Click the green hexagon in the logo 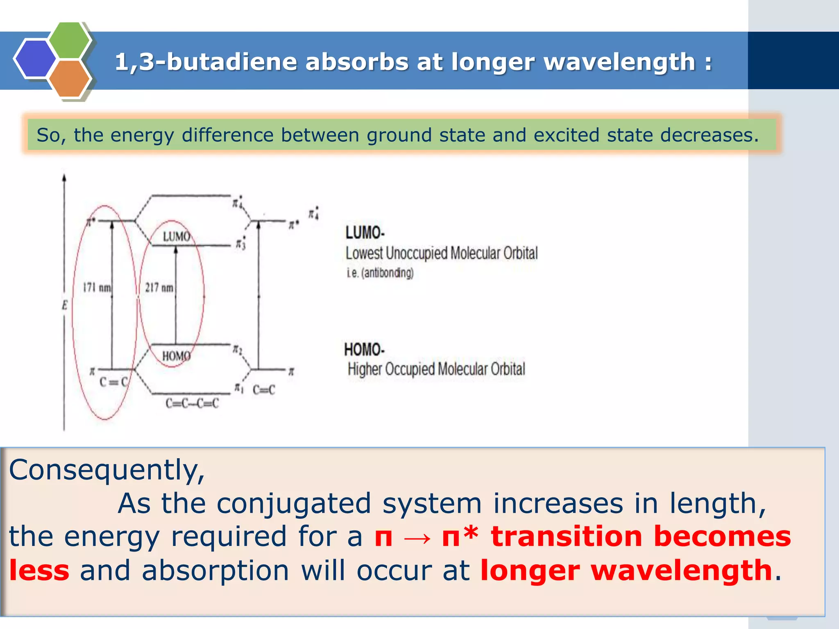pyautogui.click(x=70, y=40)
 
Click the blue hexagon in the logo pyautogui.click(x=35, y=59)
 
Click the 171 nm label pyautogui.click(x=97, y=287)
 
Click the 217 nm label pyautogui.click(x=159, y=287)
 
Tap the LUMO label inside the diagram pyautogui.click(x=177, y=236)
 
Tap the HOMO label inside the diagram pyautogui.click(x=176, y=356)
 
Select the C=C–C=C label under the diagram pyautogui.click(x=192, y=403)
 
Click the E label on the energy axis pyautogui.click(x=64, y=305)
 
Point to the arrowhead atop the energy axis pyautogui.click(x=64, y=178)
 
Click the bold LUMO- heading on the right pyautogui.click(x=365, y=233)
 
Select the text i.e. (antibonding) pyautogui.click(x=380, y=273)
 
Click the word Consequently pyautogui.click(x=107, y=470)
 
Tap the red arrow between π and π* pyautogui.click(x=417, y=537)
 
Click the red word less pyautogui.click(x=39, y=570)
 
